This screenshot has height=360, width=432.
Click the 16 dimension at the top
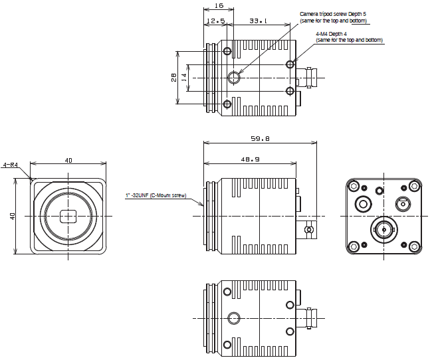tap(219, 5)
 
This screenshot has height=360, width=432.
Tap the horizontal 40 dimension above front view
tap(68, 160)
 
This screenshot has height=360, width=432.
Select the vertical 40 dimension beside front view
tap(11, 216)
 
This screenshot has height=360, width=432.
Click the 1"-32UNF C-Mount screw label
tap(156, 196)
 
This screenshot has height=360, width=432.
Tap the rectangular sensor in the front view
tap(68, 217)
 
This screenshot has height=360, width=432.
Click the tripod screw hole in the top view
tap(234, 78)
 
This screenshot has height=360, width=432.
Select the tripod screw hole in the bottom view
tap(234, 317)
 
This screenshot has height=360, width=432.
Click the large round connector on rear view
tap(384, 230)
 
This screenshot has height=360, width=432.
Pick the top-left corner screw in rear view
tap(354, 186)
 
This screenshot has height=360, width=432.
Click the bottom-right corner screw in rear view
tap(415, 247)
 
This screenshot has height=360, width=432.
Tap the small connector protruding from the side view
tap(308, 230)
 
